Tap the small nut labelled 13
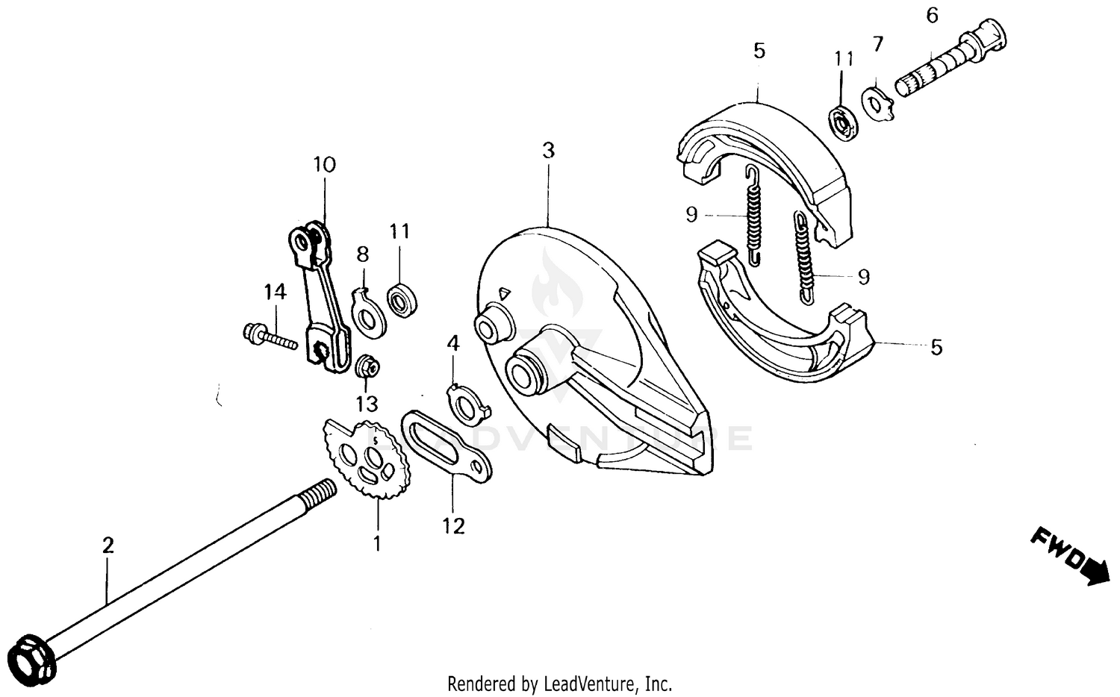(x=367, y=366)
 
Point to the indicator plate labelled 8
(x=368, y=312)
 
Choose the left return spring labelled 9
(x=753, y=216)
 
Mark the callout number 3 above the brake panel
(x=549, y=151)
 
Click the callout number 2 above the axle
(x=108, y=545)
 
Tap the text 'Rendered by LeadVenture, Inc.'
(x=559, y=683)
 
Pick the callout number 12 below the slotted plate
(x=453, y=526)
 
